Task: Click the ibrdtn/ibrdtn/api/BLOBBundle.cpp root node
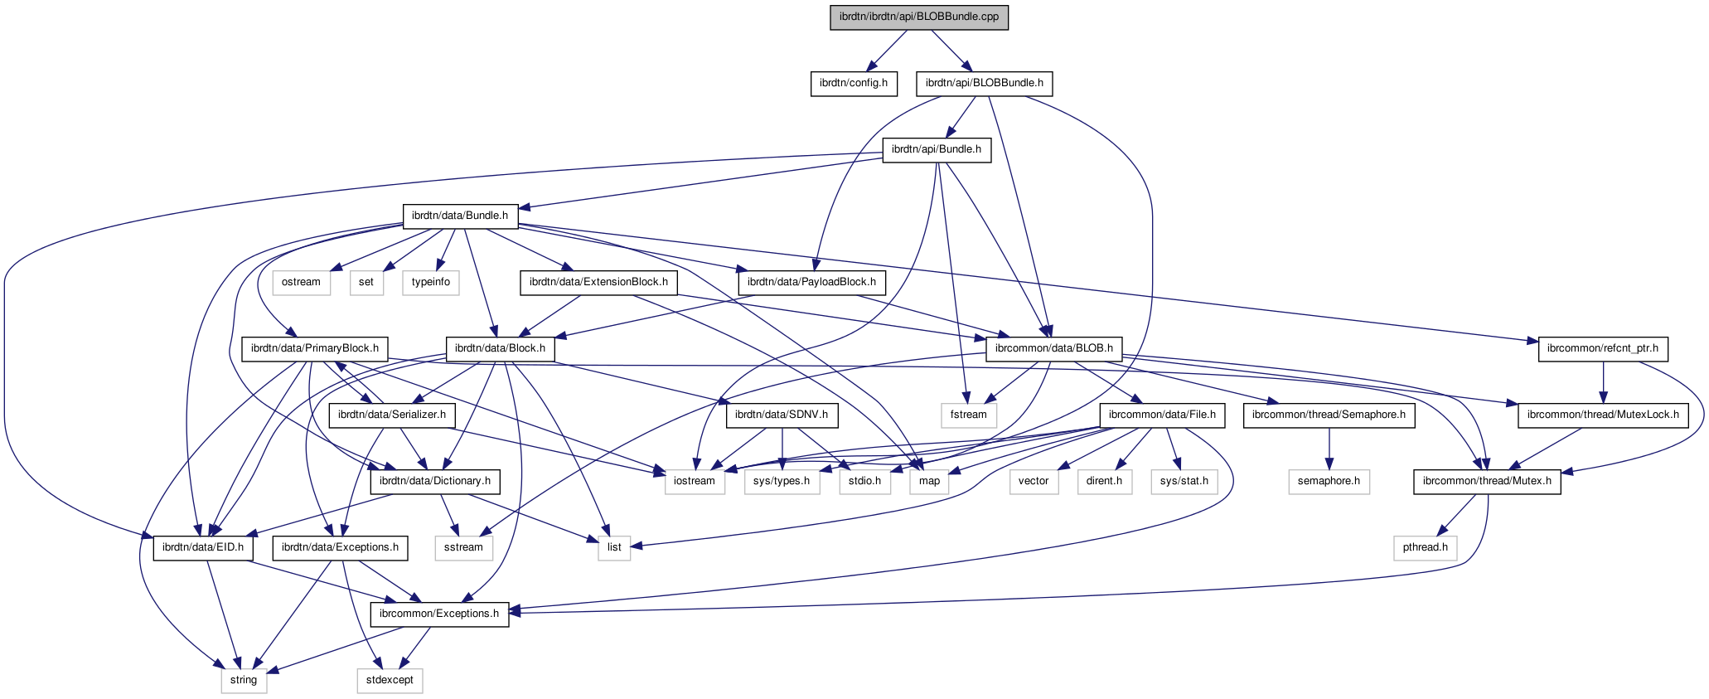[919, 17]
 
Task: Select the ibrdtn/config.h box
[853, 83]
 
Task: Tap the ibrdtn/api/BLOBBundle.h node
[984, 83]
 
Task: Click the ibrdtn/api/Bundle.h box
[937, 149]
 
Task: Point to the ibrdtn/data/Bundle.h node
[460, 216]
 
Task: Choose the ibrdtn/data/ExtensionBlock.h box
[598, 282]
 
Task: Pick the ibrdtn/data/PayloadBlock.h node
[811, 282]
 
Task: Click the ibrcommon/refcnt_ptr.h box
[1603, 348]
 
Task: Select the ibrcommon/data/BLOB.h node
[1053, 348]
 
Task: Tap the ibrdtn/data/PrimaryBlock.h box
[315, 348]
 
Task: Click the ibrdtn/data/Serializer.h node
[392, 415]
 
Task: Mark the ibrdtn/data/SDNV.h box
[782, 415]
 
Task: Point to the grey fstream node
[969, 415]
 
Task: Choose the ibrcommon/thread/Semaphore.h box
[1329, 415]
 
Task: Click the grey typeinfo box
[431, 282]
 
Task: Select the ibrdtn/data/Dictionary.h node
[435, 481]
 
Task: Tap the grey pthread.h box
[1426, 547]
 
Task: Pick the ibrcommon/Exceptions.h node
[439, 614]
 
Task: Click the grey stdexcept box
[390, 680]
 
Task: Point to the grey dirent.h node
[1104, 481]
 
